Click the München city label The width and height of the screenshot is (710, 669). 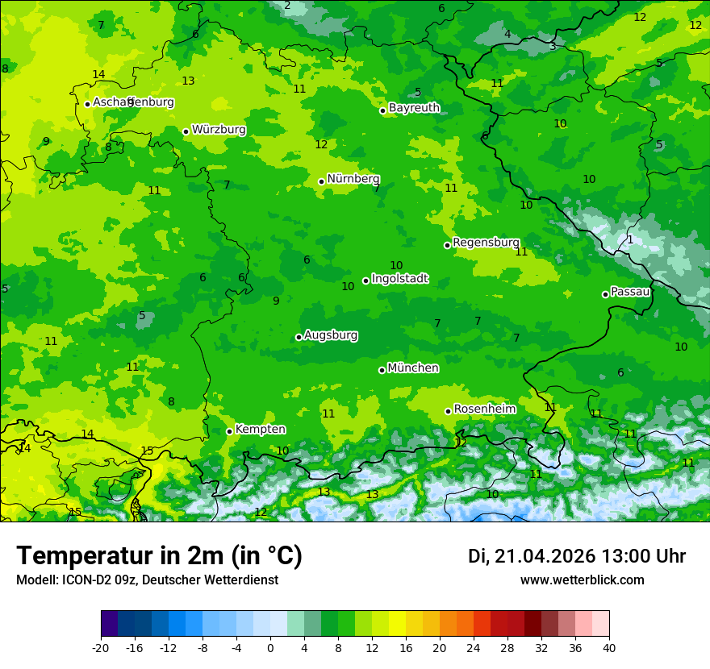point(413,368)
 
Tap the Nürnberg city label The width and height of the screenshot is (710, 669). point(353,179)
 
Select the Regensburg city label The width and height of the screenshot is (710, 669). point(486,243)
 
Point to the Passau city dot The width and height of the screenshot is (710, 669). point(605,294)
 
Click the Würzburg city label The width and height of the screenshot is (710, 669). point(219,130)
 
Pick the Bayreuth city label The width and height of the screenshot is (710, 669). point(414,108)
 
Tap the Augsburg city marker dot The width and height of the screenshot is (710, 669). point(299,337)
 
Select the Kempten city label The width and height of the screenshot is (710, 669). point(260,430)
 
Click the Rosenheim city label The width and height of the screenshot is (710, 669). point(484,409)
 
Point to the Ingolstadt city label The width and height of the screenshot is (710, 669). point(399,279)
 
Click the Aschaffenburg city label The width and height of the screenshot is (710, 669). point(133,102)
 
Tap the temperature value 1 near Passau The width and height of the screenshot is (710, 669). point(630,239)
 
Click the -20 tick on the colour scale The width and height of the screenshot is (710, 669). point(101,648)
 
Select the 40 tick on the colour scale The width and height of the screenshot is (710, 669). point(609,648)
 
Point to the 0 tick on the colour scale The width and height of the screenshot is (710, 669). point(270,648)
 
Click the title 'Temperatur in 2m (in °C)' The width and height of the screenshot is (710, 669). point(159,556)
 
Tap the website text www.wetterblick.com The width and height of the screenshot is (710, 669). point(582,580)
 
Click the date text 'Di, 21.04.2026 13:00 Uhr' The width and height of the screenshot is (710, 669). point(577,556)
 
